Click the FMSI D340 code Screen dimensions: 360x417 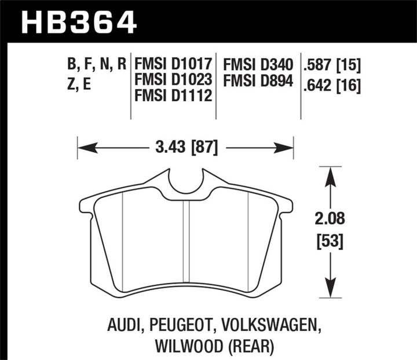tap(261, 63)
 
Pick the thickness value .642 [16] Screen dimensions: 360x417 tap(332, 86)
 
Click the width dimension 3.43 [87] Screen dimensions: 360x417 tap(185, 148)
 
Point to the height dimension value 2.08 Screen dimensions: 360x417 tap(330, 220)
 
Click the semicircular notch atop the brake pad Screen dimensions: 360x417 tap(185, 182)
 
